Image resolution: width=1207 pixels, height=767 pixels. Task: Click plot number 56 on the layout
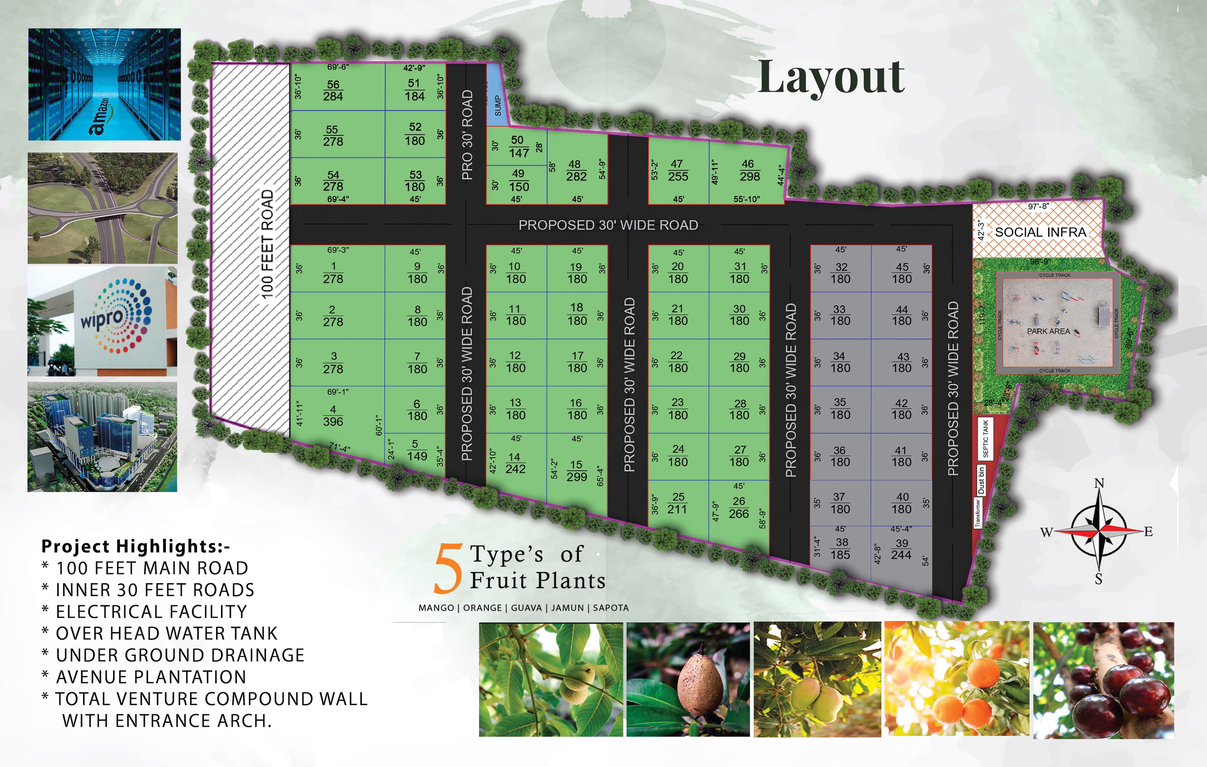(x=333, y=90)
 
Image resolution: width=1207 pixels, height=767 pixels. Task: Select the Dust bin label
(x=981, y=480)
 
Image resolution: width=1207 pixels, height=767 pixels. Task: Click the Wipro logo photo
(x=102, y=321)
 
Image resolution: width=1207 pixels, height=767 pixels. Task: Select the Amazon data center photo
(x=104, y=84)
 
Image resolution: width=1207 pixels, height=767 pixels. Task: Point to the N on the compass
(x=1099, y=483)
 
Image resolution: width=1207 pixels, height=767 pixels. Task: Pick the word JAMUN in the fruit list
(x=567, y=608)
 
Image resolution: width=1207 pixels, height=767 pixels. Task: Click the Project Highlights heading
(x=135, y=546)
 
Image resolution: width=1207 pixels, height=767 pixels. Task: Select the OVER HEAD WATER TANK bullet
(x=166, y=633)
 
